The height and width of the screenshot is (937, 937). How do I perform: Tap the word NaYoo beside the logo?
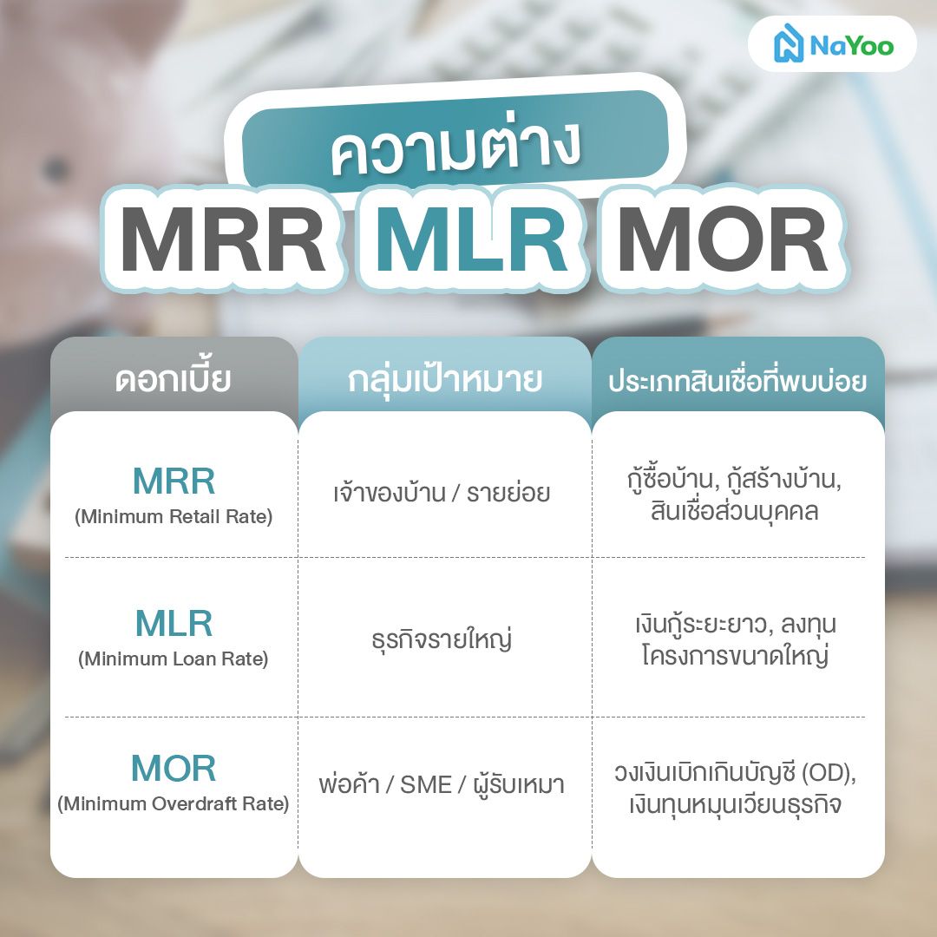[851, 46]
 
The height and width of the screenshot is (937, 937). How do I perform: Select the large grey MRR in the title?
[223, 241]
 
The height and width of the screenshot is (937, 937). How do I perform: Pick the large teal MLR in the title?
[473, 241]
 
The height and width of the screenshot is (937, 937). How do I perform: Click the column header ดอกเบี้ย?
[174, 380]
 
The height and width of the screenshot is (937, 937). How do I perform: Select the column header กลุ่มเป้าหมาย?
[445, 380]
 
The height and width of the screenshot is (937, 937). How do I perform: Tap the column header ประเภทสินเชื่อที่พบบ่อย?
[737, 381]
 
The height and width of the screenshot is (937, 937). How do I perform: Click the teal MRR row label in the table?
[174, 481]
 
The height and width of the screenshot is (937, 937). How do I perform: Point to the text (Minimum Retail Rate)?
[174, 517]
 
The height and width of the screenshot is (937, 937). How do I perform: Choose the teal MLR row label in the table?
[174, 623]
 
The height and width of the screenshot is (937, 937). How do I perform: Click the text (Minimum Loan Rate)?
[174, 659]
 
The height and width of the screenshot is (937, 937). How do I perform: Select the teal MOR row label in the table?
[174, 768]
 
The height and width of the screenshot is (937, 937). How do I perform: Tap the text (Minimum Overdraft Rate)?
[174, 804]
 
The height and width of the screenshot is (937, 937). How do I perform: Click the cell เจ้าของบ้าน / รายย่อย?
[442, 494]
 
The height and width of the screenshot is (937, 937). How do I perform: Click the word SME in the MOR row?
[426, 785]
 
